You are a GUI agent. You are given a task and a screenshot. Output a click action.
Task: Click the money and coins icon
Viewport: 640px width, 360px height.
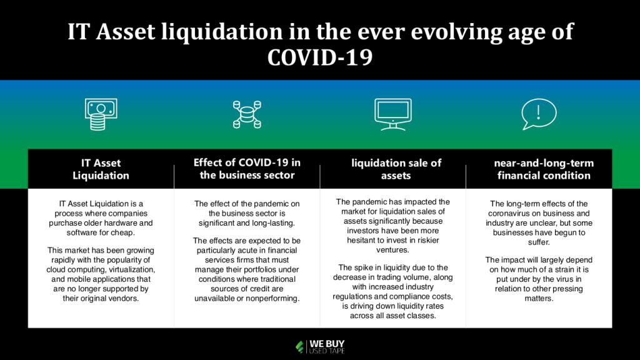click(x=101, y=114)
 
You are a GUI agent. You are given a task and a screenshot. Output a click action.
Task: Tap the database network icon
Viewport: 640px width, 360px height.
click(x=247, y=115)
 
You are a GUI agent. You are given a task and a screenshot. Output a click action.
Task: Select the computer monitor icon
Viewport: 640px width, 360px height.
click(x=393, y=114)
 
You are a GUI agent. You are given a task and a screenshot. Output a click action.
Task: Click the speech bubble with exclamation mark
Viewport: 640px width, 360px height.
click(x=539, y=114)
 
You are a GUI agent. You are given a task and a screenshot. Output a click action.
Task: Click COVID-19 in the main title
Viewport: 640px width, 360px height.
click(x=320, y=57)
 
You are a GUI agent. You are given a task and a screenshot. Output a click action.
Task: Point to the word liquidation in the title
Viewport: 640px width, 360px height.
click(x=222, y=32)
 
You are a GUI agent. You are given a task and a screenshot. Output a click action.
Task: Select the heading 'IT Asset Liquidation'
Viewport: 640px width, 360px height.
click(x=101, y=169)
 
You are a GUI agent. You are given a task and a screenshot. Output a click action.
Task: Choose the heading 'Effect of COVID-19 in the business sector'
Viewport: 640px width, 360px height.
click(x=247, y=169)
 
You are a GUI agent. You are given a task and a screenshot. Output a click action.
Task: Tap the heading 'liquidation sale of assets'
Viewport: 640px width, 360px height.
click(x=396, y=169)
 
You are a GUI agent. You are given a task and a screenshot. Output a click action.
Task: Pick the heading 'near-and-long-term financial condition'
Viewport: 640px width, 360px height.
click(x=544, y=169)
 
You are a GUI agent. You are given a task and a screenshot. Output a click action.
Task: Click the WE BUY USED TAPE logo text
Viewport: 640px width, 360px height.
click(x=327, y=346)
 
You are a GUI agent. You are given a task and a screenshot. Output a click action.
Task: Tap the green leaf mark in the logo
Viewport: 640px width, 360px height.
click(x=300, y=347)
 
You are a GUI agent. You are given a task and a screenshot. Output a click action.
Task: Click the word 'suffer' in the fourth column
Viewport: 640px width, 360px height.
click(x=538, y=242)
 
